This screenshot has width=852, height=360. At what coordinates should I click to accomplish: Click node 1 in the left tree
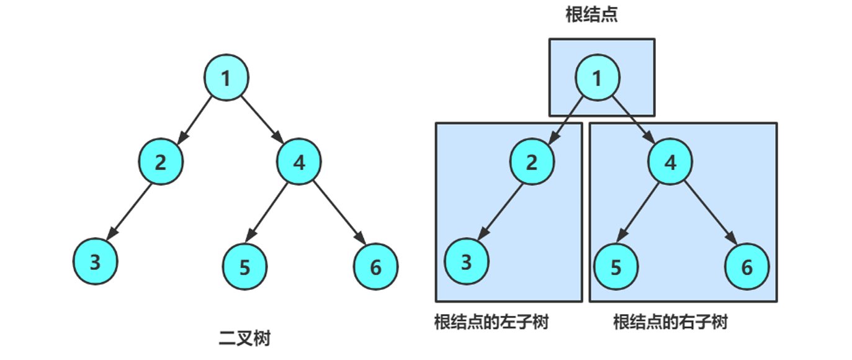pyautogui.click(x=226, y=78)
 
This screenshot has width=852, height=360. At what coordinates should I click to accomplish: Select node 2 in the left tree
pyautogui.click(x=161, y=162)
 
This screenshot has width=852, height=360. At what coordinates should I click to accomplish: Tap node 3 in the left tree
pyautogui.click(x=94, y=262)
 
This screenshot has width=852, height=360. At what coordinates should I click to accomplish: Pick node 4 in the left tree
pyautogui.click(x=299, y=162)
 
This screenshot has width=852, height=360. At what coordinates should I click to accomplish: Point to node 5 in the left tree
pyautogui.click(x=244, y=268)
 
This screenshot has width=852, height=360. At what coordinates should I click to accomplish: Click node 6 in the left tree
pyautogui.click(x=375, y=268)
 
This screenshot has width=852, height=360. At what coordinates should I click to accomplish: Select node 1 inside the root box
pyautogui.click(x=598, y=78)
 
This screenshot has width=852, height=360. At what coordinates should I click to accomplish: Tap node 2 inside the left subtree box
pyautogui.click(x=532, y=162)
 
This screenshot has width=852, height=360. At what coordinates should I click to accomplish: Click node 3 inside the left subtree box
pyautogui.click(x=466, y=262)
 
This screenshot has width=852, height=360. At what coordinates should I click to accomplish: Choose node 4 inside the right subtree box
pyautogui.click(x=670, y=162)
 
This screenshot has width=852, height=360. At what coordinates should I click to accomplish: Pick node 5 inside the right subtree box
pyautogui.click(x=616, y=268)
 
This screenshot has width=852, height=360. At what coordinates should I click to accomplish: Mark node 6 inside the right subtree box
pyautogui.click(x=747, y=268)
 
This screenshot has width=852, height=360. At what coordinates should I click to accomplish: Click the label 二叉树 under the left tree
pyautogui.click(x=244, y=339)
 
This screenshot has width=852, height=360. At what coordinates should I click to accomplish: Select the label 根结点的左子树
pyautogui.click(x=491, y=323)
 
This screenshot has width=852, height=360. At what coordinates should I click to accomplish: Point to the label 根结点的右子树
pyautogui.click(x=670, y=323)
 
